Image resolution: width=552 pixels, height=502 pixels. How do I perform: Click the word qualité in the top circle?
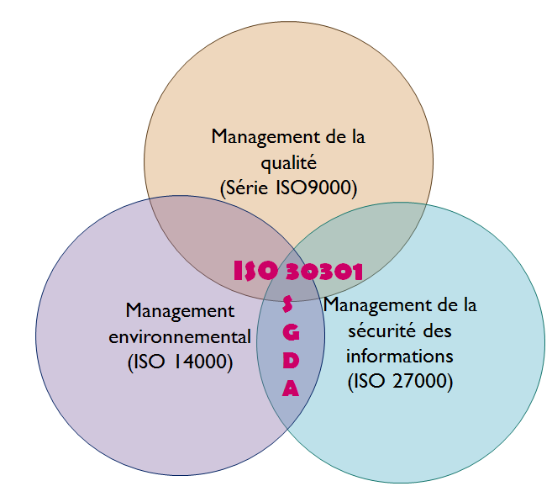click(x=289, y=164)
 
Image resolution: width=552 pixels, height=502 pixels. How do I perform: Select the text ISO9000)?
click(x=317, y=188)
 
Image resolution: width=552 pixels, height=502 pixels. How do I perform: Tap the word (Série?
click(x=244, y=188)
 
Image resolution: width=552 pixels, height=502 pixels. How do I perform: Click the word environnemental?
click(x=180, y=337)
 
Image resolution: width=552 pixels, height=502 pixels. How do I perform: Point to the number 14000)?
click(x=203, y=362)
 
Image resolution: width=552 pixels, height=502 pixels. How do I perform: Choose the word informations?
click(x=400, y=356)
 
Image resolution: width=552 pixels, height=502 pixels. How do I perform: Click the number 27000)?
click(x=423, y=381)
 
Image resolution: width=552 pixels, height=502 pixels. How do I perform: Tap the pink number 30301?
click(x=323, y=272)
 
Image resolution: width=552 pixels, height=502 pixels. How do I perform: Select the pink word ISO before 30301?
click(x=256, y=271)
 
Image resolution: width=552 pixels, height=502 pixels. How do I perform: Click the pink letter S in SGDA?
click(x=287, y=304)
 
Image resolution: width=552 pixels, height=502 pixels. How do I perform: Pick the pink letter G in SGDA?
click(x=291, y=332)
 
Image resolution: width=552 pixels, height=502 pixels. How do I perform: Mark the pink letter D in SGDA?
click(x=291, y=361)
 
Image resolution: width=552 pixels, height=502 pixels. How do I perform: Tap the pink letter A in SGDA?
click(x=291, y=388)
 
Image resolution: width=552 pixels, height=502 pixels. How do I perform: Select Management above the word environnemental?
click(x=180, y=312)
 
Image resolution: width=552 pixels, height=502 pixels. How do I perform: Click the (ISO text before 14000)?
click(x=146, y=362)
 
